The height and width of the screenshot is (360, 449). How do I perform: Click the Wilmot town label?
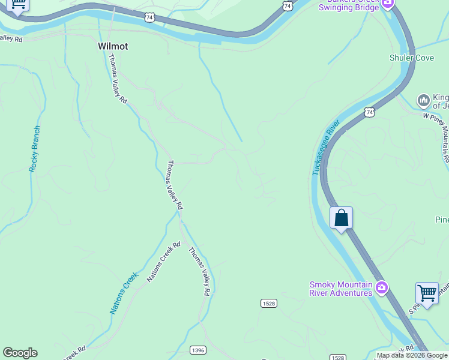pos(113,46)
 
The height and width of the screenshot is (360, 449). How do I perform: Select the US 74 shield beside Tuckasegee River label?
pos(369,112)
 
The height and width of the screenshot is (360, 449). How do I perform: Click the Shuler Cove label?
pos(411,58)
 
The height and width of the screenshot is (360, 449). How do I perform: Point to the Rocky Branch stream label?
pos(35,149)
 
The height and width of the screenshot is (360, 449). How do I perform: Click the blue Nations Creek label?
pos(124,293)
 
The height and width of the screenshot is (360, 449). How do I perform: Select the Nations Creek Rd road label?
pos(163,263)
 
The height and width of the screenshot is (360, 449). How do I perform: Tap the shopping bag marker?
pos(341,218)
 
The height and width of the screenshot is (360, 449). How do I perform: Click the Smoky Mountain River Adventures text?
pos(341,289)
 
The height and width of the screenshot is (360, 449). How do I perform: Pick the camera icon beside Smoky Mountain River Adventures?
pos(381,289)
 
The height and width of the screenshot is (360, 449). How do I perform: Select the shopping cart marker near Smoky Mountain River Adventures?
pos(427,293)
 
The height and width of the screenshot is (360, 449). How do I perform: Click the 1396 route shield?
pos(197,350)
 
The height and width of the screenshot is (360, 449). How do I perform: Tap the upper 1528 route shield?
pos(269,304)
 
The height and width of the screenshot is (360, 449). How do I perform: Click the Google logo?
pos(20,353)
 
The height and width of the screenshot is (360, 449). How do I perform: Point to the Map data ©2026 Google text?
pos(412,355)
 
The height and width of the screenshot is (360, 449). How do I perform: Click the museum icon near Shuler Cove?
pos(423,99)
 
